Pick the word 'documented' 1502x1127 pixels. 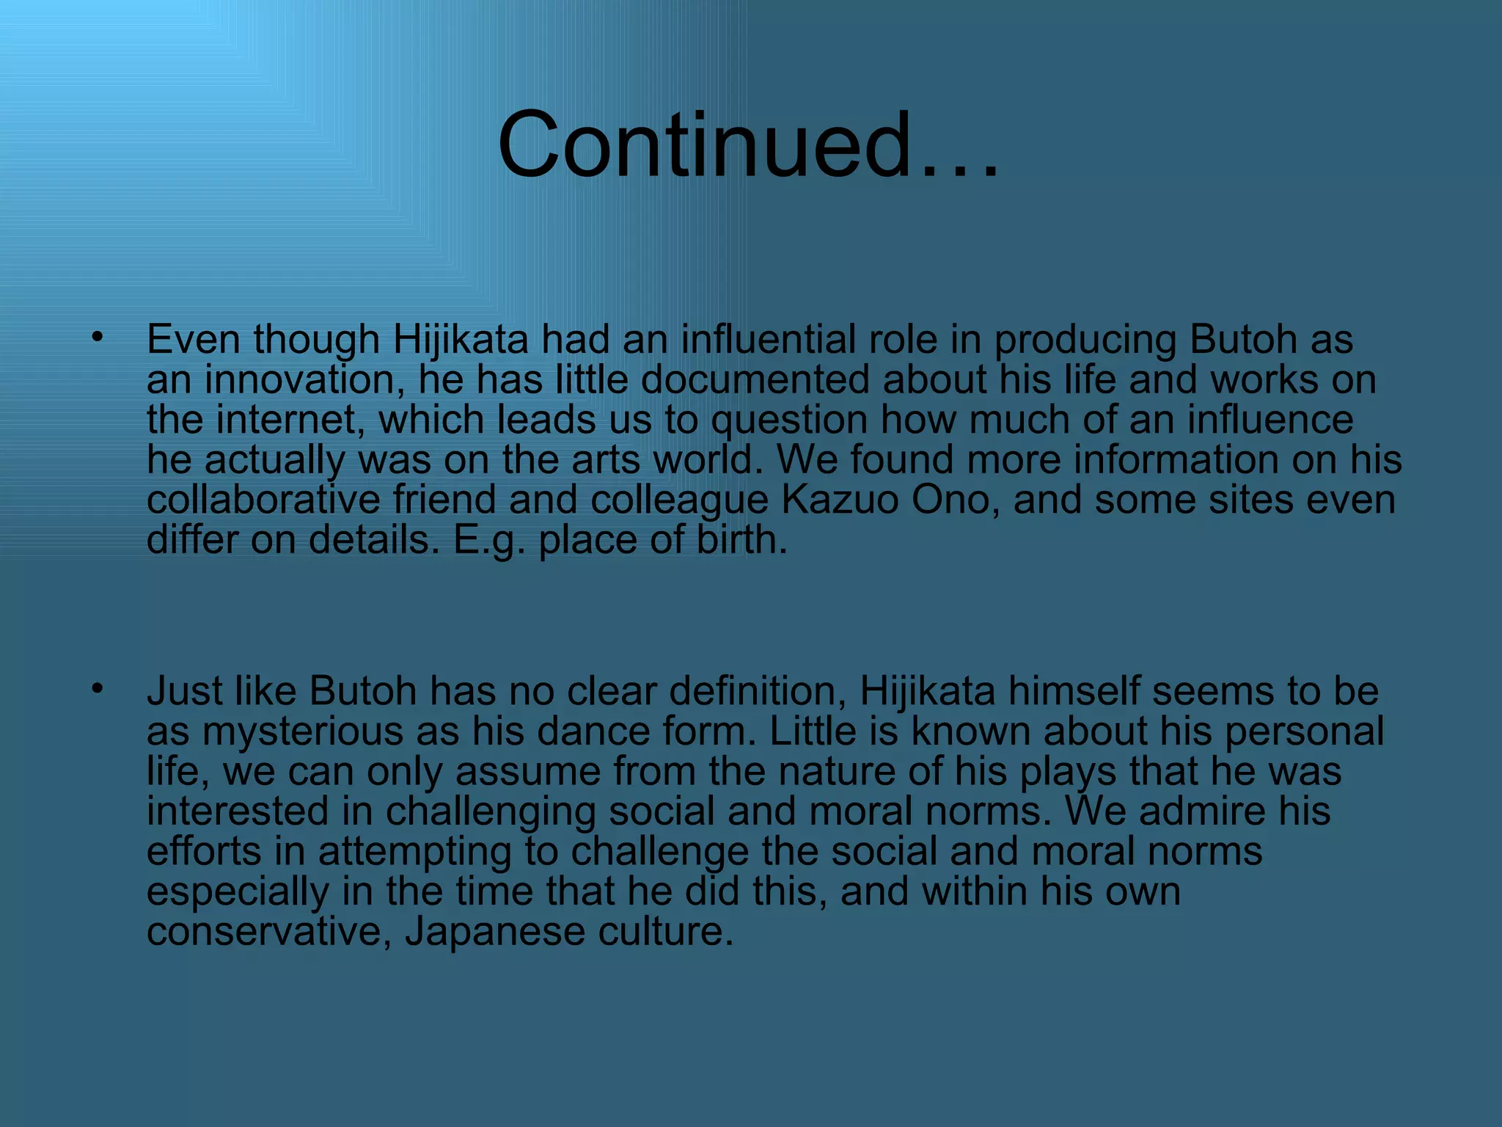coord(755,379)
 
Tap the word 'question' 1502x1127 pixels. coord(789,421)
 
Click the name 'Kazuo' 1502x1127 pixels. coord(840,500)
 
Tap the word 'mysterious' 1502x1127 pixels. coord(302,732)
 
